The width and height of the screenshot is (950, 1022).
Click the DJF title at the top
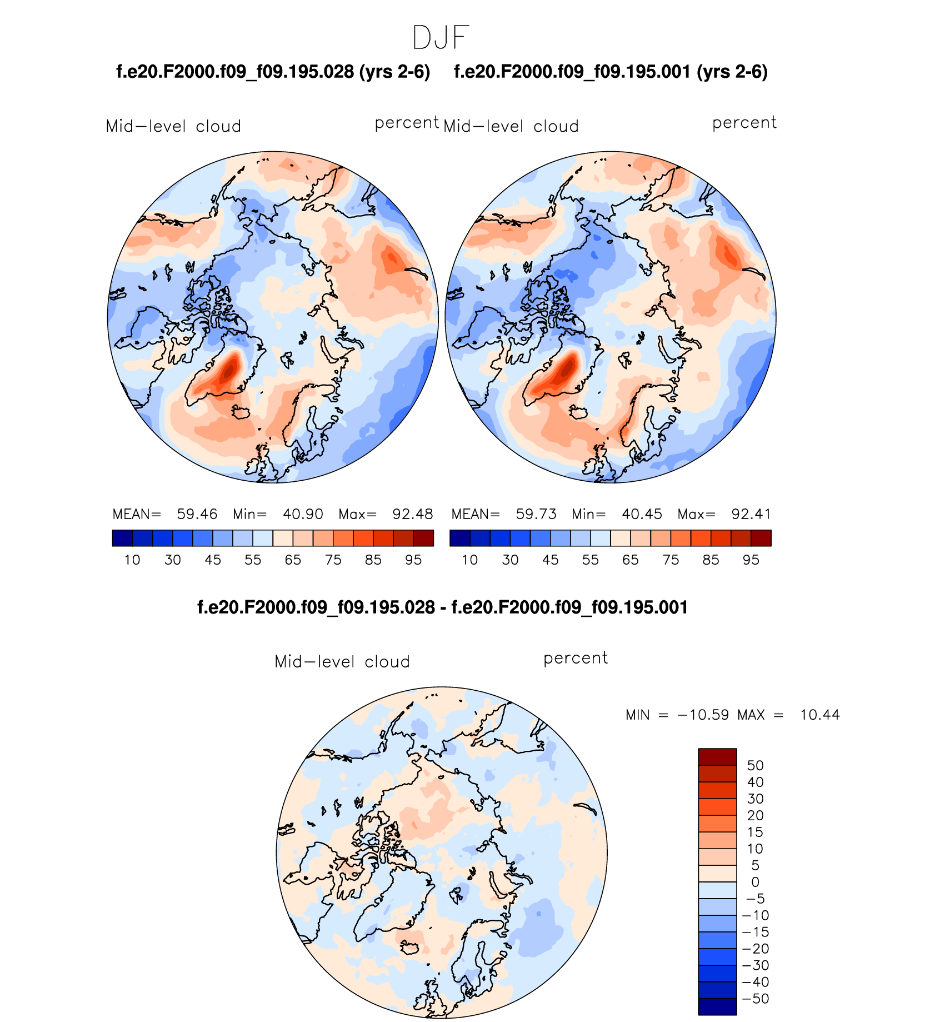[441, 38]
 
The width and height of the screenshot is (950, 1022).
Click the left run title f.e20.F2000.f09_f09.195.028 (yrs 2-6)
[273, 72]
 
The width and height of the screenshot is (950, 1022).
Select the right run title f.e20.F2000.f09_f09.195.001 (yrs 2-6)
[611, 72]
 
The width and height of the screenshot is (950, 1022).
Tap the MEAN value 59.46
[197, 514]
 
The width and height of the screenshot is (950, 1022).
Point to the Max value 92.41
[751, 514]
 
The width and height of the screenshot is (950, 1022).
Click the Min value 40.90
[303, 514]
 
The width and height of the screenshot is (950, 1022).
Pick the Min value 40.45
[642, 514]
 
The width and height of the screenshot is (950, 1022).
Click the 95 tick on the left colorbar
[413, 560]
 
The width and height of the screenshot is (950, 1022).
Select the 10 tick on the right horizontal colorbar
[470, 560]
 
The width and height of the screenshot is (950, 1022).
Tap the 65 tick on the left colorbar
[293, 560]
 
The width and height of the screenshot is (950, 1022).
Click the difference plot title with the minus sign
[442, 607]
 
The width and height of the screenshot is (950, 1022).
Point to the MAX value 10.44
[819, 715]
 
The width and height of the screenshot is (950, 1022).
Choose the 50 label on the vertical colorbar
[755, 765]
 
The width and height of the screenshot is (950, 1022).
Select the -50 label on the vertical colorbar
[755, 999]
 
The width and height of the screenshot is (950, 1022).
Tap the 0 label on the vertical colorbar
[755, 882]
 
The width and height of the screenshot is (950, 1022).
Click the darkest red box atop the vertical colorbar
[717, 756]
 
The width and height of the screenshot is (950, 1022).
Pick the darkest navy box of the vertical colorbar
[717, 1007]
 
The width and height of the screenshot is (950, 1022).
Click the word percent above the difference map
[576, 658]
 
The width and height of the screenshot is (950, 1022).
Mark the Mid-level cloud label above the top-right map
[511, 126]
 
